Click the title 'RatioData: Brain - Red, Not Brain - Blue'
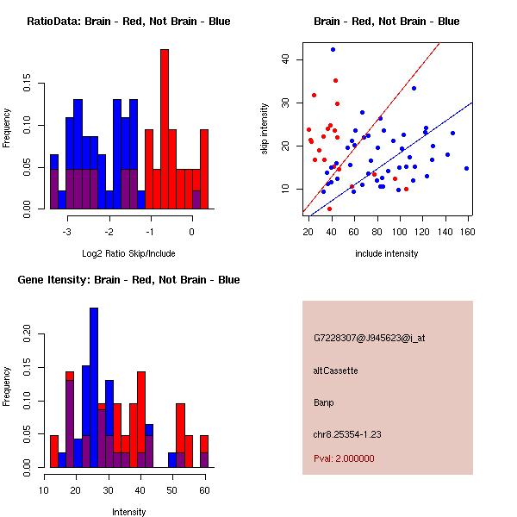point(128,22)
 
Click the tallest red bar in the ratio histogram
point(165,129)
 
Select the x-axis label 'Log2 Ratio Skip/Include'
point(128,253)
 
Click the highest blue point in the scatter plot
point(333,50)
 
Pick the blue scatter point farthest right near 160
point(466,168)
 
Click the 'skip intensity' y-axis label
point(265,129)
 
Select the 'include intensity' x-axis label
point(387,253)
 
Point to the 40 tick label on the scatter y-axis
point(285,59)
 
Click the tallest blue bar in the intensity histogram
point(93,388)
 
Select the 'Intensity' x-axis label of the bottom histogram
point(128,512)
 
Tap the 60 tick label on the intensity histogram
point(204,490)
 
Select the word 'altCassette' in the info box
point(335,371)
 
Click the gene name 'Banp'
point(324,402)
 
